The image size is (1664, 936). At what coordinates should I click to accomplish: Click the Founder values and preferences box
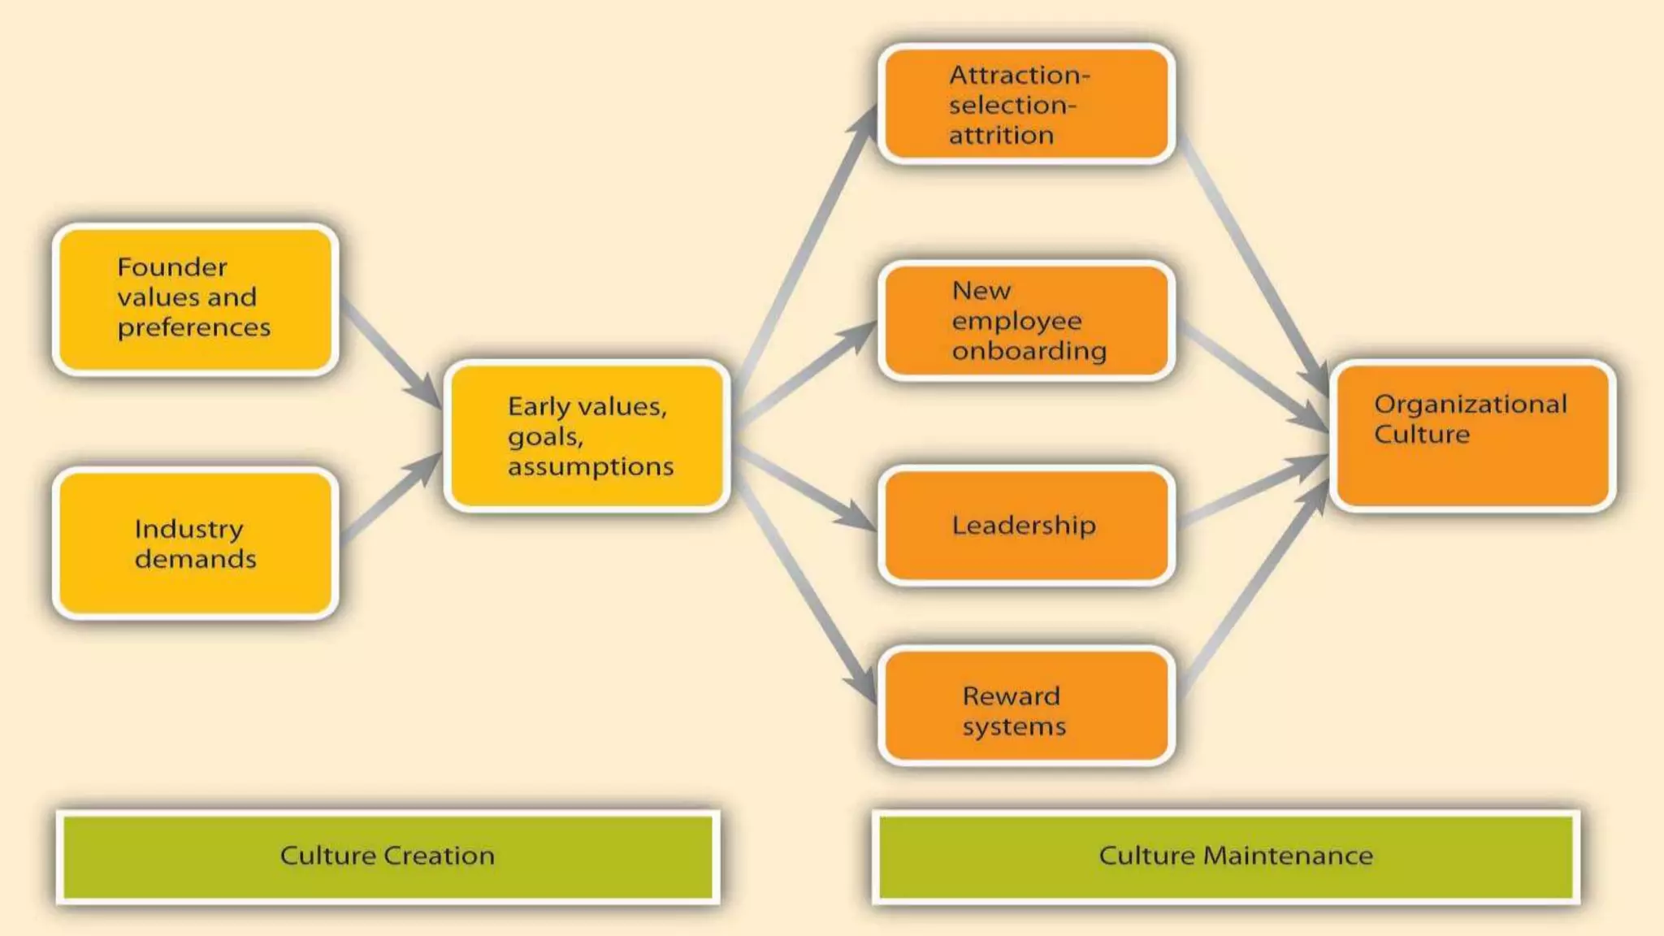[x=195, y=299]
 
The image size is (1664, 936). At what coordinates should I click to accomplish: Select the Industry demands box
[x=195, y=543]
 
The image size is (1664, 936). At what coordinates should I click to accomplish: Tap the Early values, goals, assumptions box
[x=587, y=436]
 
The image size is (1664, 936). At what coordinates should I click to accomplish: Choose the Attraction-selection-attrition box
[x=1026, y=104]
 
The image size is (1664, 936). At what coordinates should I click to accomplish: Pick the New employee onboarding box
[x=1026, y=321]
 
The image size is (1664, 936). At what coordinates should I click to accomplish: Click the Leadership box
[x=1026, y=526]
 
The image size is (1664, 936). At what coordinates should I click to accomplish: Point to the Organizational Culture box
[x=1472, y=436]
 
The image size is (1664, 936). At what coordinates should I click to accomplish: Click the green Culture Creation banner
[x=388, y=856]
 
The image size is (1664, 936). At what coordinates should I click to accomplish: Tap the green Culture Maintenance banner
[x=1225, y=856]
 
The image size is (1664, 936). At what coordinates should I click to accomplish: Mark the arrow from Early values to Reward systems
[x=804, y=585]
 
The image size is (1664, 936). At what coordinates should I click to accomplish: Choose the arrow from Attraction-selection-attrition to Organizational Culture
[x=1251, y=260]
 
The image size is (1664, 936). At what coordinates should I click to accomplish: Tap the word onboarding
[x=1029, y=351]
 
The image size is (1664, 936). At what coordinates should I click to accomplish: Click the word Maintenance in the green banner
[x=1287, y=856]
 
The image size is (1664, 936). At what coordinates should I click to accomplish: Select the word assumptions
[x=591, y=467]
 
